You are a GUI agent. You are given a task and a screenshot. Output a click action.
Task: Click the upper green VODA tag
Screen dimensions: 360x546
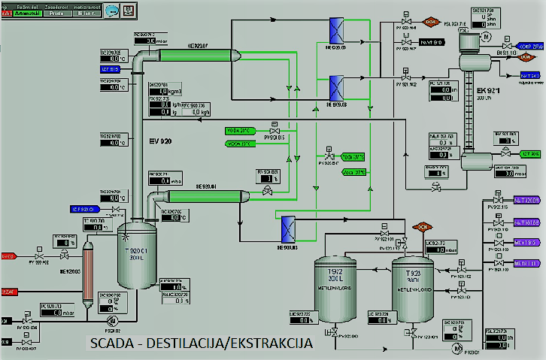[243, 131]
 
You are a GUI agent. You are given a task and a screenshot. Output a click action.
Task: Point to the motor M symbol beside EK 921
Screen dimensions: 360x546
[485, 35]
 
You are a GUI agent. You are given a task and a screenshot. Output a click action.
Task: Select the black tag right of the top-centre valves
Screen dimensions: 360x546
[438, 42]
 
